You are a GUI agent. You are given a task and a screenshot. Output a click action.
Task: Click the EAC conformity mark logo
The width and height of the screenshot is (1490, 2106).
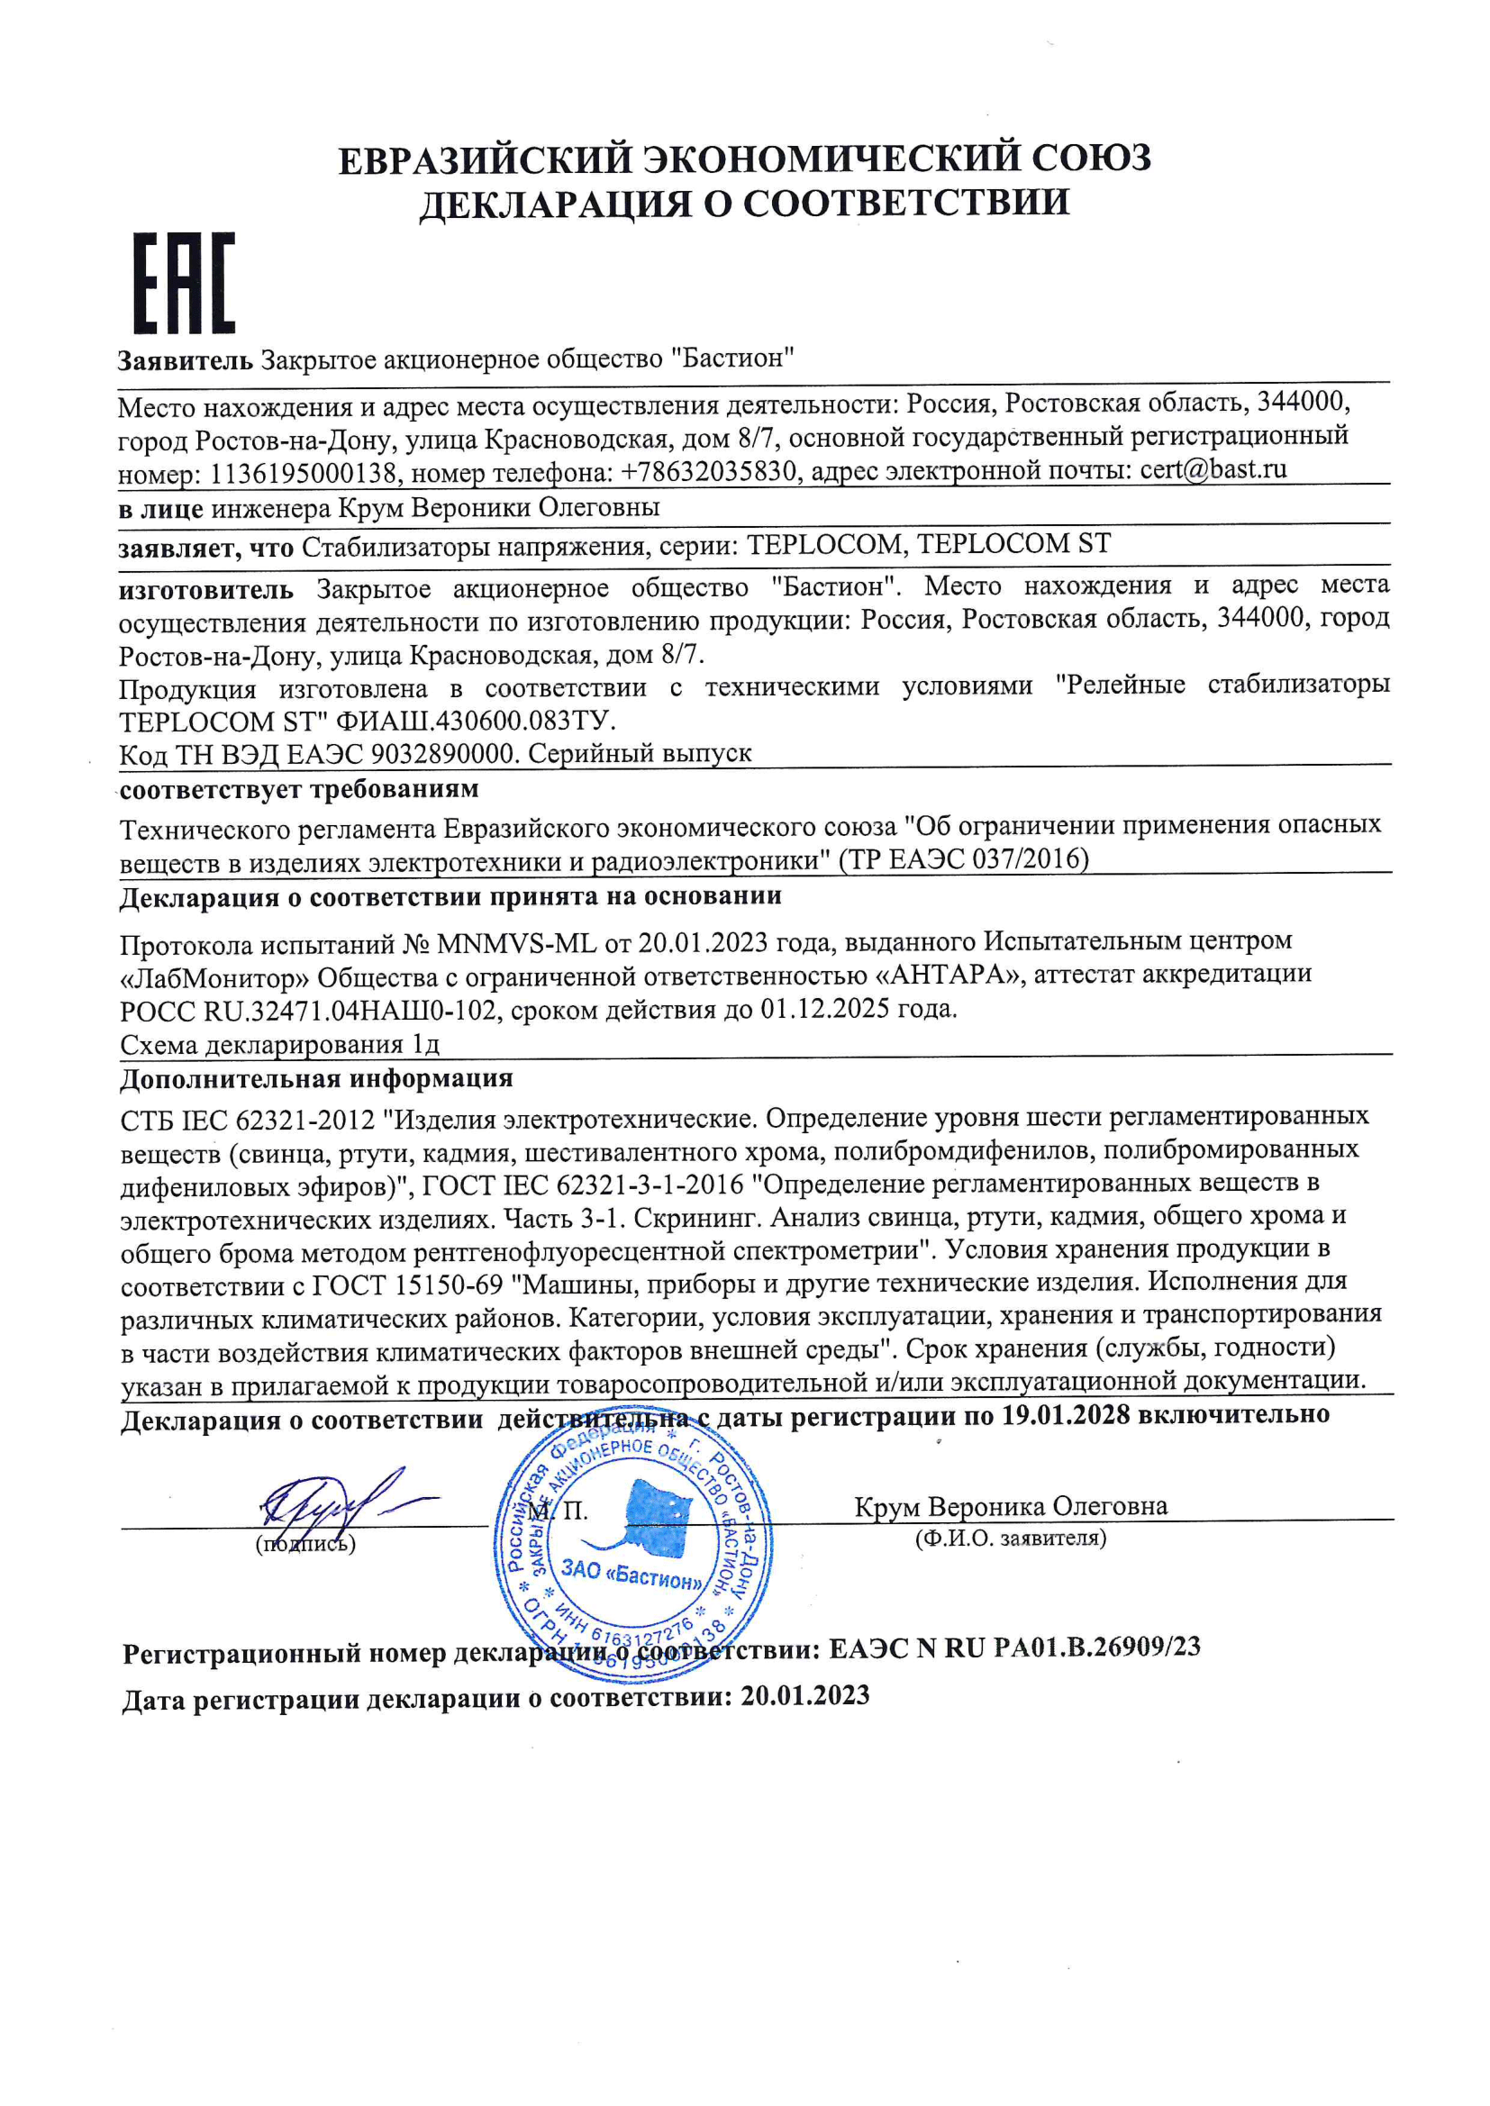point(185,283)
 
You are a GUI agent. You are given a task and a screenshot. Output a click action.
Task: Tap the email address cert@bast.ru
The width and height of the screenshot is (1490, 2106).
point(1213,469)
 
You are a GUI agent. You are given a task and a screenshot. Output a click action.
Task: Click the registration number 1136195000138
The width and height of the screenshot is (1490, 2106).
point(304,474)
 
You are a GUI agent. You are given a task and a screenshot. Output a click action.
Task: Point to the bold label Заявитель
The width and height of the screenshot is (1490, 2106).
point(185,360)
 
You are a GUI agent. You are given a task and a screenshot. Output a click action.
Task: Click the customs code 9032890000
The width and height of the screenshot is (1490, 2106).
point(441,754)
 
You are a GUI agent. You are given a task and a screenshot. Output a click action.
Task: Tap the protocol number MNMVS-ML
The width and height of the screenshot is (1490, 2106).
point(517,943)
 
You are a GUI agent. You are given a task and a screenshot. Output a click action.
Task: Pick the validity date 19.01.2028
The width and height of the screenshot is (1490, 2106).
point(1065,1414)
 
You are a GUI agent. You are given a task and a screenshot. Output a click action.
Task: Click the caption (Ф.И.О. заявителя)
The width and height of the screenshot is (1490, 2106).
point(1010,1539)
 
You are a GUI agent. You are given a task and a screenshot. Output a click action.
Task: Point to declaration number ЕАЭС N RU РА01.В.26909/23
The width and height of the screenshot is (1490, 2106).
point(1014,1648)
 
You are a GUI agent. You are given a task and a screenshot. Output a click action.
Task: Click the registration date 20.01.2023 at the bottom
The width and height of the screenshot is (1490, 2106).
point(804,1695)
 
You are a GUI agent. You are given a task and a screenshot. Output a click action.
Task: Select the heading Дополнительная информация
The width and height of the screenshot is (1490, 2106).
point(316,1079)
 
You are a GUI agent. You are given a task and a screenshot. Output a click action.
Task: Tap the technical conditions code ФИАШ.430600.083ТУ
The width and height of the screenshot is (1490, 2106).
point(468,720)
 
